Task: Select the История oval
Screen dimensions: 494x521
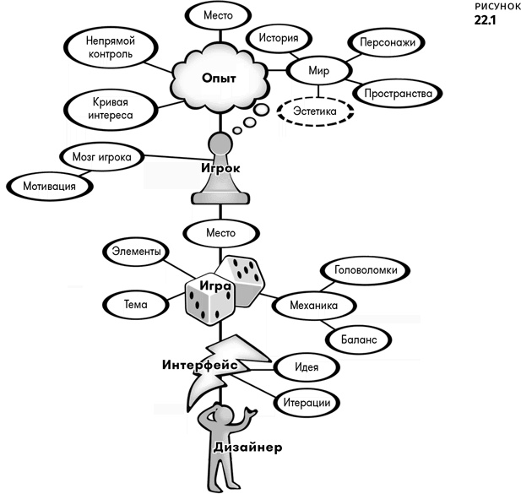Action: [276, 39]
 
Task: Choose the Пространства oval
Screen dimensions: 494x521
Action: [395, 92]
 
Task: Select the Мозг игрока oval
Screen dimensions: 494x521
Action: [100, 157]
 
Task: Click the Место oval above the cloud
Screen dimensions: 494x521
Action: [219, 16]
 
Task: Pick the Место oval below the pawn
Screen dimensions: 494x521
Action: [219, 231]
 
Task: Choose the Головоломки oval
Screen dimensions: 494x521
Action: [365, 271]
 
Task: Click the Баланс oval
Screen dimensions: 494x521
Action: [359, 339]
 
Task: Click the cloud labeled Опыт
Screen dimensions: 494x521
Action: [219, 78]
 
